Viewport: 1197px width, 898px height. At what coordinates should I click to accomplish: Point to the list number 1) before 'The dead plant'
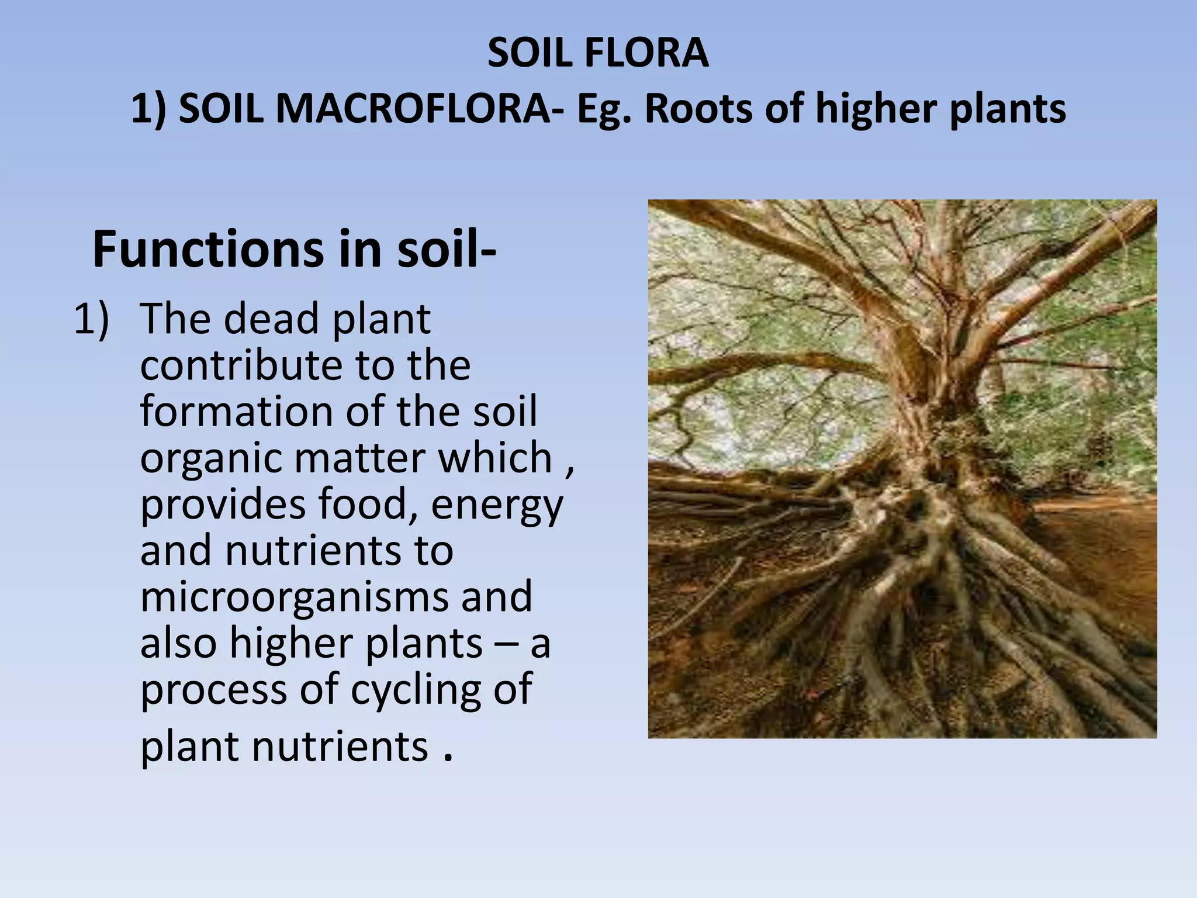[x=91, y=319]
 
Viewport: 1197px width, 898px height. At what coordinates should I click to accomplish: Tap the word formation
[x=236, y=411]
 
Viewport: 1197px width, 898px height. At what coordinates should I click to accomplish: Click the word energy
[x=497, y=505]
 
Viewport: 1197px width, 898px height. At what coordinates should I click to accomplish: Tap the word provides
[x=223, y=505]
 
